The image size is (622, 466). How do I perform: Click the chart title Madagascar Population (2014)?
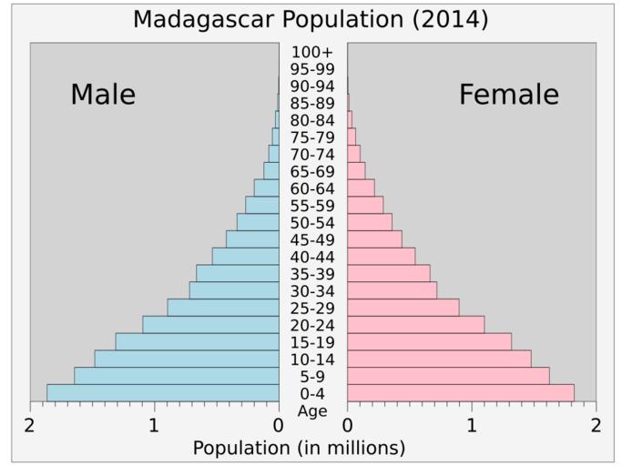pyautogui.click(x=311, y=19)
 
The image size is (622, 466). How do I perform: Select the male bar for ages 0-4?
pyautogui.click(x=163, y=392)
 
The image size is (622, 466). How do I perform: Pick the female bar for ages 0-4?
pyautogui.click(x=460, y=392)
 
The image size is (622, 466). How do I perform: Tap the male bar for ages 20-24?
pyautogui.click(x=210, y=324)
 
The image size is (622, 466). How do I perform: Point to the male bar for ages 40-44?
pyautogui.click(x=245, y=256)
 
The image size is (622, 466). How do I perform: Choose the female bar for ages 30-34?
pyautogui.click(x=392, y=290)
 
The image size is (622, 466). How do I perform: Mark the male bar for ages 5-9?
pyautogui.click(x=177, y=375)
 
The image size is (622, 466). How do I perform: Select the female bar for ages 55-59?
pyautogui.click(x=365, y=205)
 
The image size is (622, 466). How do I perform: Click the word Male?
pyautogui.click(x=103, y=95)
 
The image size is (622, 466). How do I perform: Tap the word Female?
pyautogui.click(x=509, y=95)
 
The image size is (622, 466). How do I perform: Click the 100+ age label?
pyautogui.click(x=312, y=52)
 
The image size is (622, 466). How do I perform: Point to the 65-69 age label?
pyautogui.click(x=312, y=171)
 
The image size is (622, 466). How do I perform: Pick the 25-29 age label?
pyautogui.click(x=312, y=308)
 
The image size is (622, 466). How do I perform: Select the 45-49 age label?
pyautogui.click(x=312, y=239)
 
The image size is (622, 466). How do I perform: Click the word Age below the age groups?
pyautogui.click(x=312, y=410)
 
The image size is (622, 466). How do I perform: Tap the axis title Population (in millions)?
pyautogui.click(x=300, y=448)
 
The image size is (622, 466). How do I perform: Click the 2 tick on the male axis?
pyautogui.click(x=30, y=426)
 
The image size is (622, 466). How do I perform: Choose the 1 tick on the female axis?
pyautogui.click(x=472, y=426)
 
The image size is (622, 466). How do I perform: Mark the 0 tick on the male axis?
pyautogui.click(x=279, y=426)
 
